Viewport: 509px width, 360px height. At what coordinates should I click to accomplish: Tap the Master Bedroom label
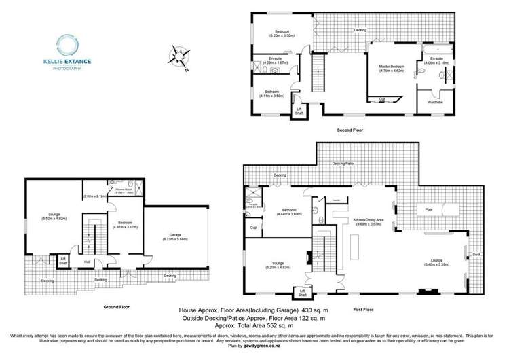[x=392, y=66]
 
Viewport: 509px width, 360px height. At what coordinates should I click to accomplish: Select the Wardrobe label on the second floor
[x=435, y=102]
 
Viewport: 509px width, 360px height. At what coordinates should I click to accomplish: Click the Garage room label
[x=174, y=236]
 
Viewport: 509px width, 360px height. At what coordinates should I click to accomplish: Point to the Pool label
[x=429, y=210]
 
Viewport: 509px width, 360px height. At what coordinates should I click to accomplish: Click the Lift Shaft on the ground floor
[x=64, y=260]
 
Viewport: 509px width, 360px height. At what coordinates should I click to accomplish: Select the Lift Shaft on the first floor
[x=299, y=293]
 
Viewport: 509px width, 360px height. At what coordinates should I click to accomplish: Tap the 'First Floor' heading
[x=363, y=309]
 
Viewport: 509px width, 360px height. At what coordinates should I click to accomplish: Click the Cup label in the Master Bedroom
[x=383, y=99]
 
